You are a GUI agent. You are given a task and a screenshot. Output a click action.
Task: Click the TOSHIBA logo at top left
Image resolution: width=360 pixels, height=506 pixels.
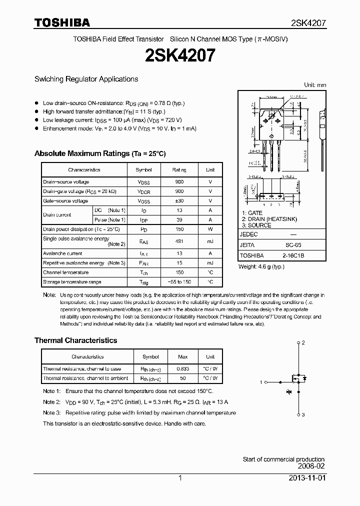tap(62, 22)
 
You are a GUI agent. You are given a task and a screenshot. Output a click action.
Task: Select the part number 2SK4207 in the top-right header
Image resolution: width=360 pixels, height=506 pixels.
tap(308, 23)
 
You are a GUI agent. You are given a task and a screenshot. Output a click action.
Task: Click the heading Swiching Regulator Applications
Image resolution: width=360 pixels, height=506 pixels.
tap(86, 79)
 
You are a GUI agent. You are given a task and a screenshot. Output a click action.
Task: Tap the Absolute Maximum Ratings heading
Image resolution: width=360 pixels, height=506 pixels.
tap(99, 153)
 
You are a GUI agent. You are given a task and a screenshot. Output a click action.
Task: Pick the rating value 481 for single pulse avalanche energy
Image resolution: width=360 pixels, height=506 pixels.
tap(179, 241)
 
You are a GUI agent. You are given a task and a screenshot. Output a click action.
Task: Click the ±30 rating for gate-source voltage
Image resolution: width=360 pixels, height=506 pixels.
tap(179, 201)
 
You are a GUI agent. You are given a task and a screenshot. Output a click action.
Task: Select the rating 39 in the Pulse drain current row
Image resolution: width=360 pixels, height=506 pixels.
tap(179, 220)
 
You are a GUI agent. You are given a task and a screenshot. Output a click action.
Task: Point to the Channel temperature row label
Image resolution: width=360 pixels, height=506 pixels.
tap(65, 272)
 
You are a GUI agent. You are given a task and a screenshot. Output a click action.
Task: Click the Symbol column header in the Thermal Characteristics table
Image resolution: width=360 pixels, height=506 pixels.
tap(150, 357)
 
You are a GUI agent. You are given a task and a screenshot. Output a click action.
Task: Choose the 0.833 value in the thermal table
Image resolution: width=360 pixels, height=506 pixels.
tap(183, 369)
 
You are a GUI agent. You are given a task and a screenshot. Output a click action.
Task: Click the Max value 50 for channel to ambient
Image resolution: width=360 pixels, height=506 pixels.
tap(183, 378)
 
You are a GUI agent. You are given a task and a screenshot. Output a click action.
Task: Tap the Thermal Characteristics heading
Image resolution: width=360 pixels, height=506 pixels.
tap(75, 340)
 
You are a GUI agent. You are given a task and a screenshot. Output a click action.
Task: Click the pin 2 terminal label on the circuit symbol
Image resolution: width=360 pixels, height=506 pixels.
tap(303, 343)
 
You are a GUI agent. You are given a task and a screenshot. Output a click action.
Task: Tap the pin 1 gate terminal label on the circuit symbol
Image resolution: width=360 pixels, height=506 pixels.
tap(261, 382)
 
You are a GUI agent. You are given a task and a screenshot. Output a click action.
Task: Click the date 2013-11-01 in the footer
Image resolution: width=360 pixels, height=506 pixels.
tap(306, 478)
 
